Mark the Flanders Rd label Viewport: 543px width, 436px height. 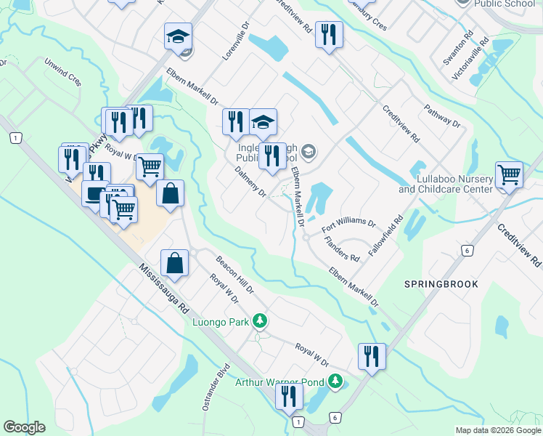[x=342, y=250]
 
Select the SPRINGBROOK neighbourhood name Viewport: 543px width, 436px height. [x=441, y=284]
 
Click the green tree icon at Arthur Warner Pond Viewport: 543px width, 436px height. [x=335, y=380]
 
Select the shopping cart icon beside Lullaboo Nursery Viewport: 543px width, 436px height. [x=509, y=175]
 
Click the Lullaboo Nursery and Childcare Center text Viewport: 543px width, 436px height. [x=445, y=184]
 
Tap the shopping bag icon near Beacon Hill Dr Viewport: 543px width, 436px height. [x=175, y=263]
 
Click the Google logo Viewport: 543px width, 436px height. [x=24, y=427]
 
